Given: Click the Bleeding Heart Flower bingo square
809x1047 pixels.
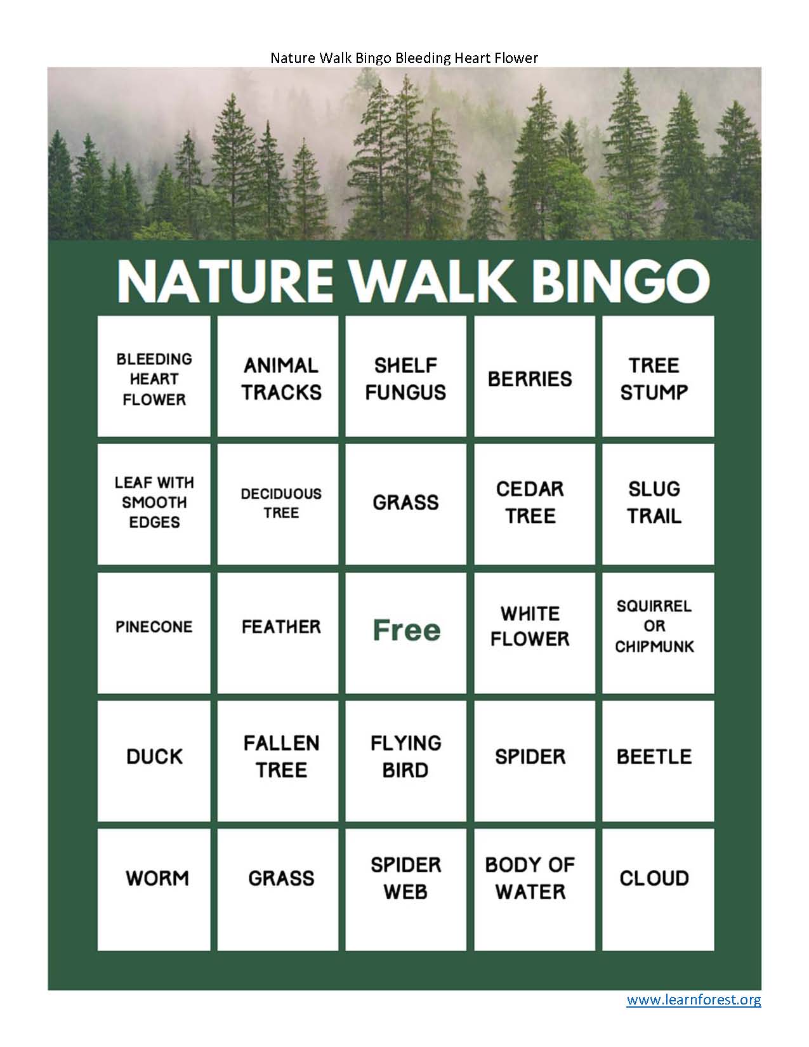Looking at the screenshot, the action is point(154,376).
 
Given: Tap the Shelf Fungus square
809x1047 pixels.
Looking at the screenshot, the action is point(405,376).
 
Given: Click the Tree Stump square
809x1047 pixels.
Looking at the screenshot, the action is point(658,376).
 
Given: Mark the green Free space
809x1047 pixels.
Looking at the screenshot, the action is point(405,633).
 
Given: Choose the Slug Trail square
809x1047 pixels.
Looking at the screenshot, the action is point(658,504).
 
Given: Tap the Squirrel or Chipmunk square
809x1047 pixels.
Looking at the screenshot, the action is point(658,633).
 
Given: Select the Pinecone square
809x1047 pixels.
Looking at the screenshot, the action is point(154,633).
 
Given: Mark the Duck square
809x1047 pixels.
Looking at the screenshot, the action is point(154,761).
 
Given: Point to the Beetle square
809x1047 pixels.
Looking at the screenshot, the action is point(658,761).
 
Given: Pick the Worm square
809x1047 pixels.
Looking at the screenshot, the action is point(154,890).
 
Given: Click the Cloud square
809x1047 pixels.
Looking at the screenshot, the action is point(658,890).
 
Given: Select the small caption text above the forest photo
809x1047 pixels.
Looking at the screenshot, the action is point(404,58).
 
